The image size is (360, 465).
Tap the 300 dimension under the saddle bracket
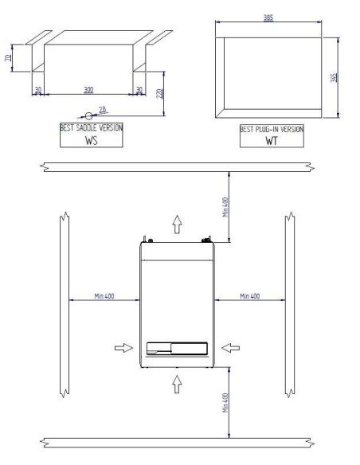click(x=89, y=89)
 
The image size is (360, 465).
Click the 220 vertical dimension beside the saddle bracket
click(x=160, y=93)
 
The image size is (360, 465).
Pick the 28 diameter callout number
click(x=103, y=109)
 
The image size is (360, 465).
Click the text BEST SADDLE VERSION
click(x=92, y=127)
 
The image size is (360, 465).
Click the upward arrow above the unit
click(x=177, y=224)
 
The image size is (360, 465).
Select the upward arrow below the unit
click(x=177, y=385)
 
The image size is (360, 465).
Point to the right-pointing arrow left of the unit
click(x=123, y=347)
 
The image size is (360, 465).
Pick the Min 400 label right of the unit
click(x=248, y=296)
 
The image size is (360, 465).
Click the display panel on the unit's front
click(x=177, y=348)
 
